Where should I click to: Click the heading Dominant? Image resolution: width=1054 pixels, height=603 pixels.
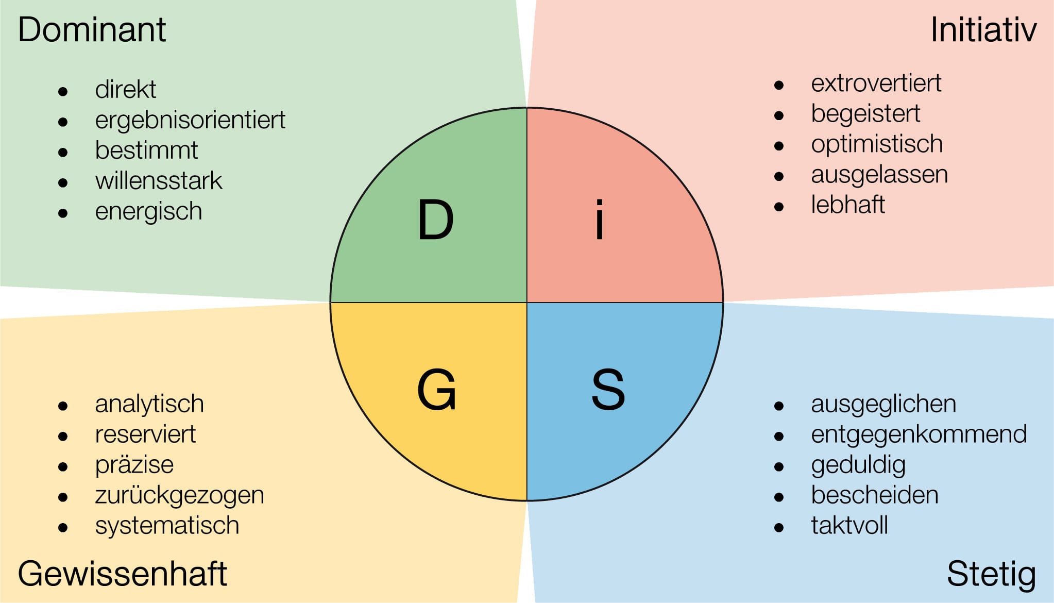pos(92,29)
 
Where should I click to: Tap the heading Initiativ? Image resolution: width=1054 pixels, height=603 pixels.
pos(983,30)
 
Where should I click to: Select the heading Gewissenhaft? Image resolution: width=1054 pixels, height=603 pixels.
pos(122,574)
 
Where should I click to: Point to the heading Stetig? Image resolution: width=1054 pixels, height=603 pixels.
pos(991,574)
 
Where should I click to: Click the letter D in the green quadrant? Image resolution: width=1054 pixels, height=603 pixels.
pos(435,220)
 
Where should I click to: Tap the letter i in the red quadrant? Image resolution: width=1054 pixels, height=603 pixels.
pos(599,220)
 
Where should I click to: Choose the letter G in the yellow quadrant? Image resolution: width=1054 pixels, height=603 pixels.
pos(436,390)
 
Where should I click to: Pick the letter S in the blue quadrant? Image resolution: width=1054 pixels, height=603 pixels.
pos(608,390)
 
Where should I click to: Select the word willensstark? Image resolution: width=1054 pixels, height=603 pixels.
pos(159,181)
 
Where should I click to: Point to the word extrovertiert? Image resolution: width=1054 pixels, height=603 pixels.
pos(876,83)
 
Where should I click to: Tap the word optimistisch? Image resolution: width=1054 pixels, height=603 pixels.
pos(877,144)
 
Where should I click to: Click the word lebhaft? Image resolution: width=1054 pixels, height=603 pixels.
pos(848,205)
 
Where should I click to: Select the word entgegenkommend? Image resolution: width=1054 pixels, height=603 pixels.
pos(919,434)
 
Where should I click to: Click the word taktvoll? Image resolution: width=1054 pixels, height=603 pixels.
pos(849,526)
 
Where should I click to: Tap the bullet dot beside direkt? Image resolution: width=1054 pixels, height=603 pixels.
pos(63,92)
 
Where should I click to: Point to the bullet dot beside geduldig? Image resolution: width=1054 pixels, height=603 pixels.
pos(779,467)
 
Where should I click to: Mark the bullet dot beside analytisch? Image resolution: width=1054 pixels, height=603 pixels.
pos(63,406)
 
